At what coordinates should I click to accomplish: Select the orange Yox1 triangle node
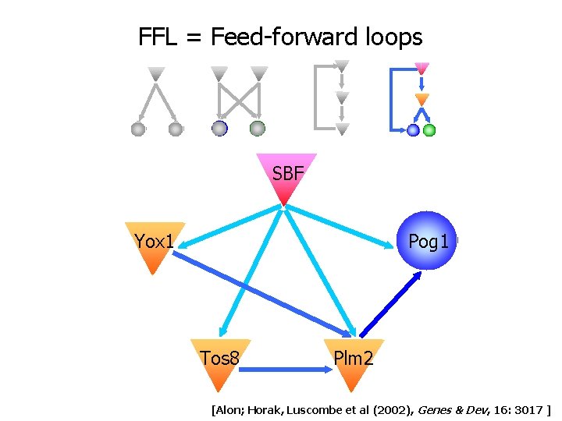[155, 244]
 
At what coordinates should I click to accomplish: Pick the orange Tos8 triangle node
[220, 361]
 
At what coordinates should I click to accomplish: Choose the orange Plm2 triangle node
[354, 361]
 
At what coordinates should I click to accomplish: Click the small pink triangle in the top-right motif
[421, 69]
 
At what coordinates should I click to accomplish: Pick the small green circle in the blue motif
[429, 130]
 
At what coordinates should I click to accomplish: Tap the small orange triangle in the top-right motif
[421, 99]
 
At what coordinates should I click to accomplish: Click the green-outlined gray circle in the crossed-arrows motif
[257, 129]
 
